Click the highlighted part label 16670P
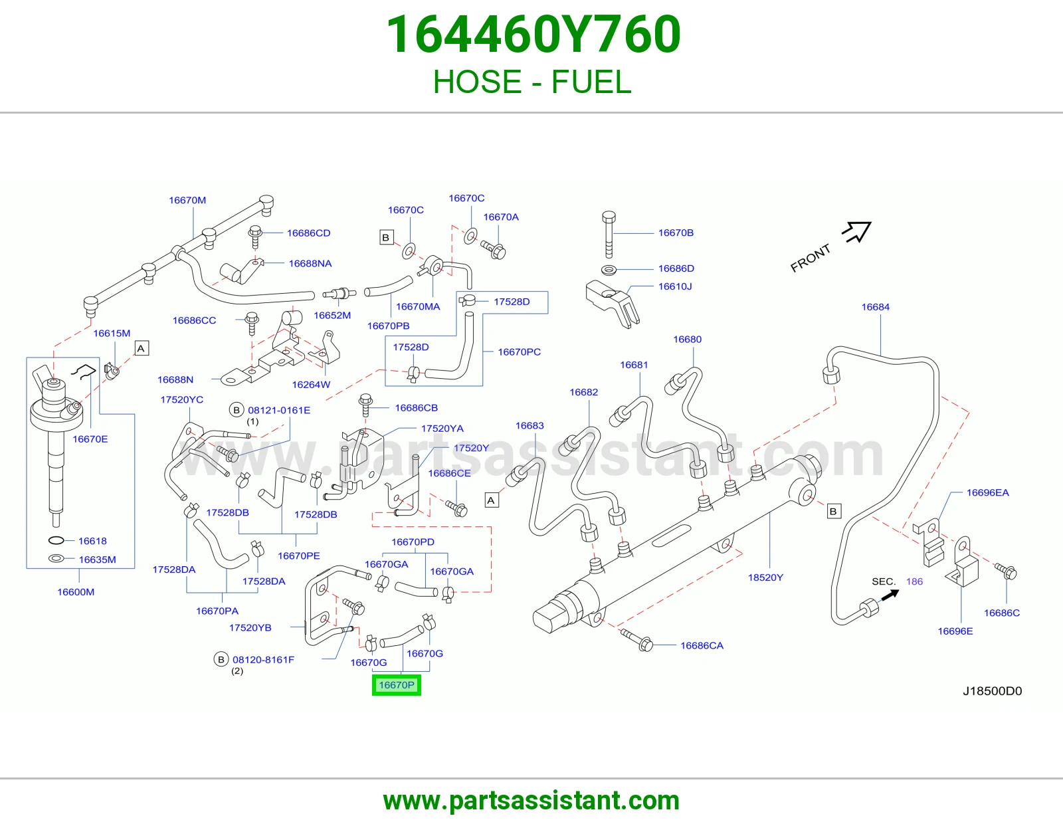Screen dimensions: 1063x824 pyautogui.click(x=396, y=685)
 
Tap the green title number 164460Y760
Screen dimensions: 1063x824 pyautogui.click(x=533, y=35)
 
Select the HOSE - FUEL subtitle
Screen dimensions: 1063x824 pyautogui.click(x=532, y=82)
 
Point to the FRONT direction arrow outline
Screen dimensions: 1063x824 pyautogui.click(x=858, y=231)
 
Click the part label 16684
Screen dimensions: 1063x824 pyautogui.click(x=875, y=307)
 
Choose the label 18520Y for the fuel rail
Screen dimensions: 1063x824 pyautogui.click(x=765, y=577)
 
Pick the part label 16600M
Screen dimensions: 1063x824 pyautogui.click(x=76, y=591)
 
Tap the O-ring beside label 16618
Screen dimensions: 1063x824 pyautogui.click(x=56, y=541)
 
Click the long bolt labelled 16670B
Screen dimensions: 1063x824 pyautogui.click(x=609, y=235)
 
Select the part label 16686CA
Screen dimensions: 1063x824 pyautogui.click(x=702, y=645)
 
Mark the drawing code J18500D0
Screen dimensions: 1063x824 pyautogui.click(x=992, y=691)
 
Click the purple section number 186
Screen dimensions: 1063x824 pyautogui.click(x=914, y=581)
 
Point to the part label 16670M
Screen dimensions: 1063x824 pyautogui.click(x=187, y=200)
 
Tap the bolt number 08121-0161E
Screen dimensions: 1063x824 pyautogui.click(x=279, y=410)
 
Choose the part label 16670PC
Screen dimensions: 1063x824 pyautogui.click(x=519, y=352)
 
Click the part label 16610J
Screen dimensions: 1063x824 pyautogui.click(x=674, y=286)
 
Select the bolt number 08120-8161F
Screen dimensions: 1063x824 pyautogui.click(x=263, y=660)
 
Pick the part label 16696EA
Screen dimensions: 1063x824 pyautogui.click(x=987, y=492)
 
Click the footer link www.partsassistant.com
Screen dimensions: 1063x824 pyautogui.click(x=531, y=801)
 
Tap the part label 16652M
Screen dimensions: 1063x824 pyautogui.click(x=332, y=315)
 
